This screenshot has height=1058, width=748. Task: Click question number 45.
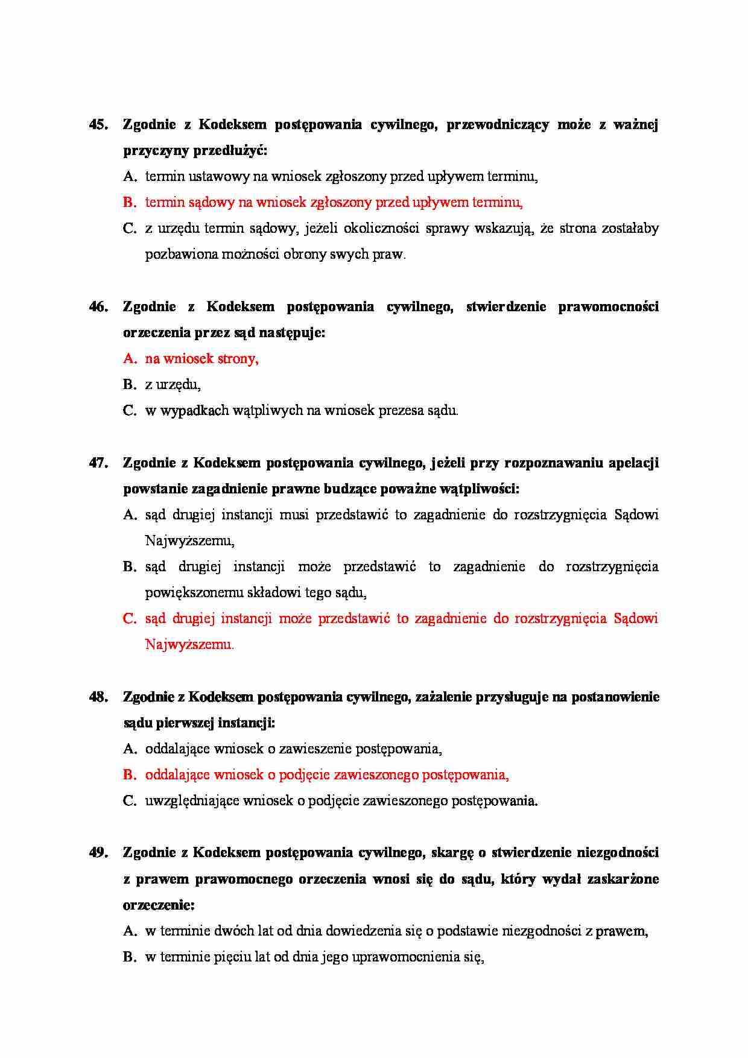coord(99,125)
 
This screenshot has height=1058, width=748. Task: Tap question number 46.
coord(99,307)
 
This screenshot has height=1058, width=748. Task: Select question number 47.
coord(99,463)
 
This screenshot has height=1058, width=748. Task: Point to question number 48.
coord(99,697)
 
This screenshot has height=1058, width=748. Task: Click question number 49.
coord(99,853)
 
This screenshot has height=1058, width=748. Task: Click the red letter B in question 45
coord(129,203)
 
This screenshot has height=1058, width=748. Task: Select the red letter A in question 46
coord(129,359)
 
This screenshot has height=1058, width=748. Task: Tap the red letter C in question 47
coord(129,619)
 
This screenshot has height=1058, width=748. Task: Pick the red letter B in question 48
coord(129,775)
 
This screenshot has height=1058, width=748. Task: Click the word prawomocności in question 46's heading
coord(608,307)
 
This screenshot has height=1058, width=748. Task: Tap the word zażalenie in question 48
coord(443,697)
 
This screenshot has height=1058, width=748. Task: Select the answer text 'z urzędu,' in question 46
coord(173,385)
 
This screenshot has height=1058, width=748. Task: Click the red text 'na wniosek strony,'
coord(201,359)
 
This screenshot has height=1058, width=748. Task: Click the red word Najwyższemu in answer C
coord(189,645)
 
